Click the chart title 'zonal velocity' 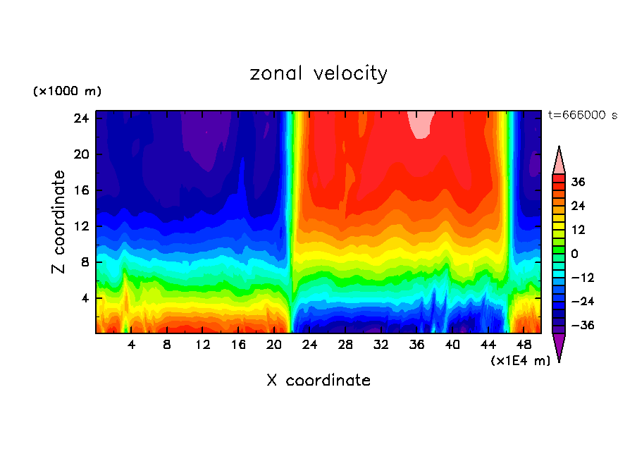[318, 73]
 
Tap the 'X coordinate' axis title [318, 381]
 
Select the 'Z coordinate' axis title [59, 222]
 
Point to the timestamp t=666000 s [582, 116]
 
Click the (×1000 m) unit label [67, 92]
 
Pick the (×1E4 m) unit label [520, 361]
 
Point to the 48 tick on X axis [524, 345]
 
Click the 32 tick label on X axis [381, 345]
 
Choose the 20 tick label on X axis [274, 345]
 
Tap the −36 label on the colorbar [583, 326]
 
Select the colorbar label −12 [583, 278]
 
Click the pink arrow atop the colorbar [559, 161]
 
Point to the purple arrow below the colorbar [559, 346]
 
